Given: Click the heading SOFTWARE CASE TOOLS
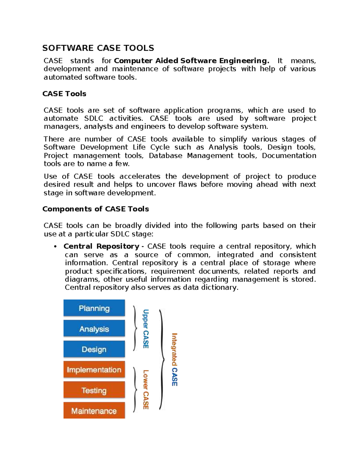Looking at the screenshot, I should pos(98,48).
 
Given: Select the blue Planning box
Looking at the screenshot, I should pos(94,308).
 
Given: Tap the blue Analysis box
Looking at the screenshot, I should pos(94,329).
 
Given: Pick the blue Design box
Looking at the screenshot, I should pos(94,349).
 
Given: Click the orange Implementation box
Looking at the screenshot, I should pos(94,370).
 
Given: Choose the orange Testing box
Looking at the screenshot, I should pos(94,390).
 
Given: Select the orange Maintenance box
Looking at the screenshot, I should pos(94,411).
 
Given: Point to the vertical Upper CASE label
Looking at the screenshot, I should pos(146,329).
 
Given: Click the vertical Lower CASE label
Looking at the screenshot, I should pos(146,389).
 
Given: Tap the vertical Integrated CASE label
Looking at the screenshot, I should pos(175,359).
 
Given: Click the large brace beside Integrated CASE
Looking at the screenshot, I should pos(162,359).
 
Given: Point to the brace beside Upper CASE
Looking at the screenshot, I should pos(135,328).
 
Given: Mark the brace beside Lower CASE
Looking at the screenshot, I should pos(135,389).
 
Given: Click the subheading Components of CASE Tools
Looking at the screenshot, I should pos(96,209).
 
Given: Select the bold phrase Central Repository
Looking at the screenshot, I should pos(101,246).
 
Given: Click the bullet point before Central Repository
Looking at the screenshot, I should pos(55,247).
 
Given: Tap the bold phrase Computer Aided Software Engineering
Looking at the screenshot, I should pos(191,61).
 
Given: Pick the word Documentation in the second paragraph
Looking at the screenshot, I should pos(289,155).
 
